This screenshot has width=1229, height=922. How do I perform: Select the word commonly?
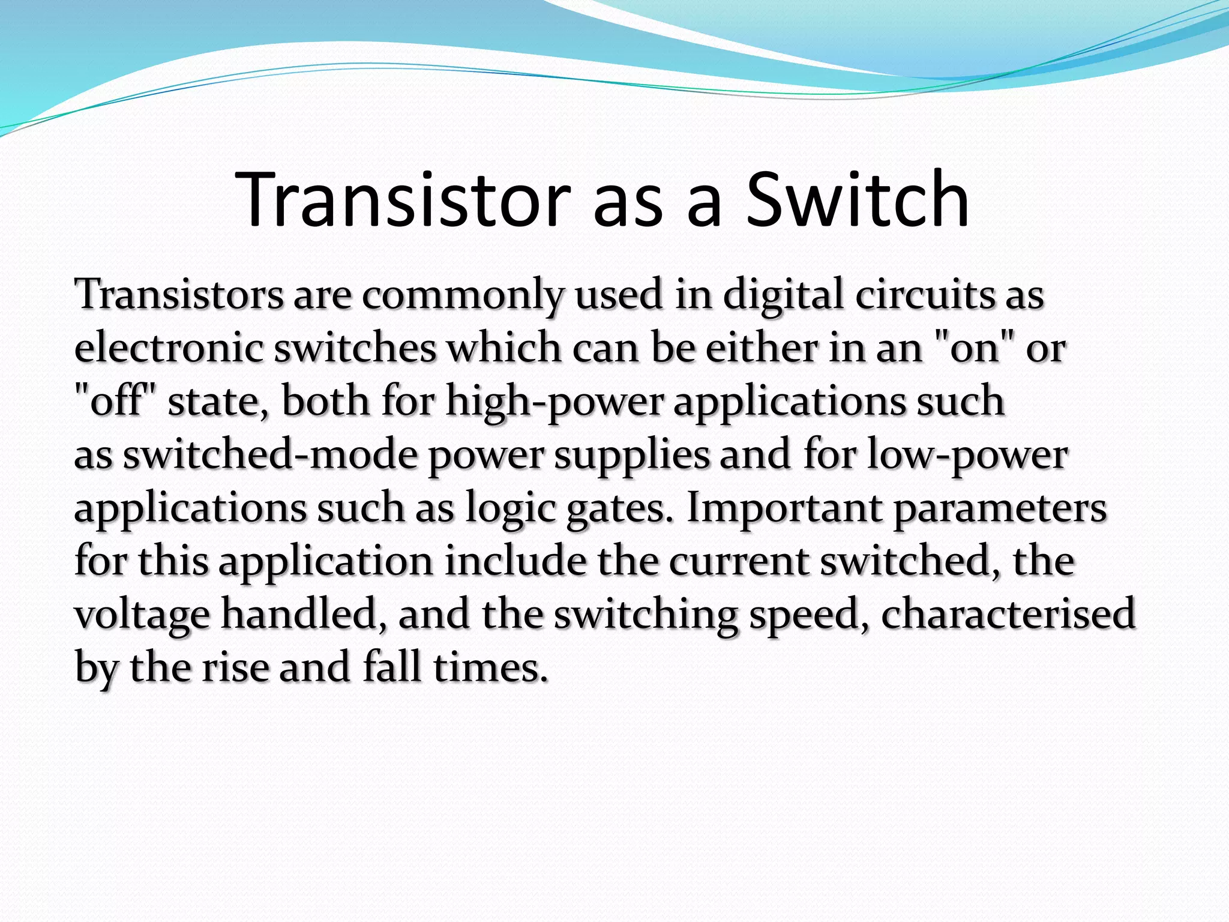click(463, 295)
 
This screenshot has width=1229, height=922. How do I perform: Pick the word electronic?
click(169, 348)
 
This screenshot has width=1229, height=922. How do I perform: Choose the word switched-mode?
click(270, 455)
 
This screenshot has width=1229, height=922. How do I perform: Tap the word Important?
click(784, 508)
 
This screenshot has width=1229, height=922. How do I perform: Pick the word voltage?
click(142, 615)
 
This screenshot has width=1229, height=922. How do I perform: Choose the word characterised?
click(1008, 613)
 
